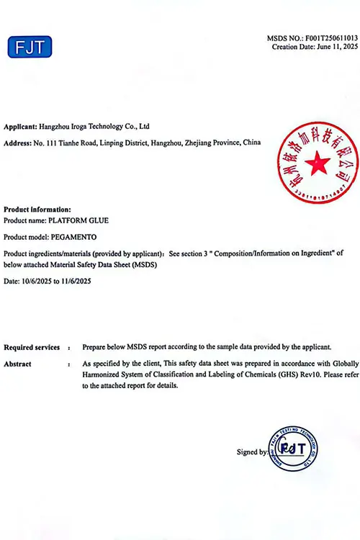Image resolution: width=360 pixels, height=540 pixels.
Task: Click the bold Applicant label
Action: tap(19, 126)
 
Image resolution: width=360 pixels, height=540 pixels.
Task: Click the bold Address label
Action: tap(18, 143)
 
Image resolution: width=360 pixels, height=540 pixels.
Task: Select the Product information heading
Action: tap(37, 209)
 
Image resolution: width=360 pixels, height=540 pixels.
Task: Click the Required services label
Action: tap(32, 346)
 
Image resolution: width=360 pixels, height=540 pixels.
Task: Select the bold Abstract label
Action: tap(17, 364)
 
